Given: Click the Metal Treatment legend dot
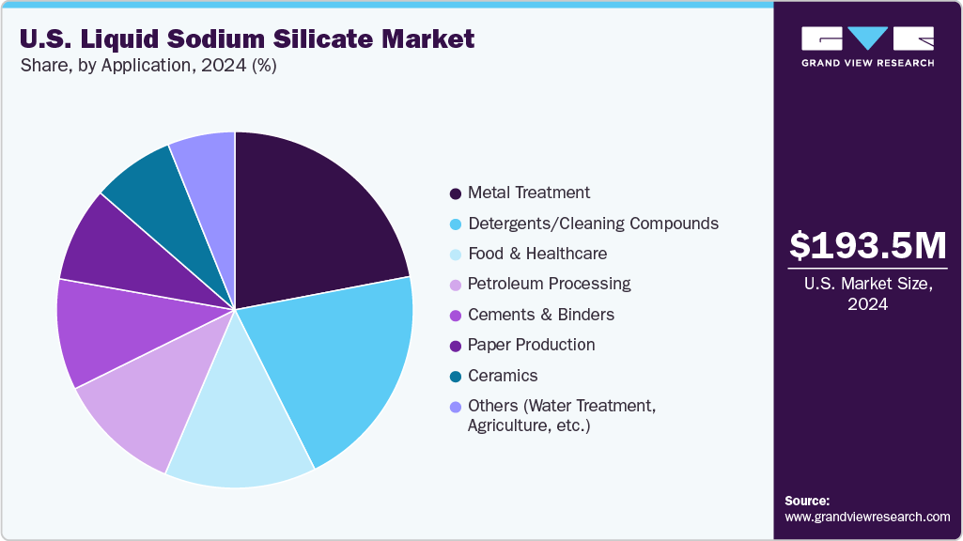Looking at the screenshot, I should (456, 193).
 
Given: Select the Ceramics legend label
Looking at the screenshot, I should (503, 376).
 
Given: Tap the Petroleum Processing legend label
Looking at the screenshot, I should (550, 284).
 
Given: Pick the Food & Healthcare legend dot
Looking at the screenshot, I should (456, 255).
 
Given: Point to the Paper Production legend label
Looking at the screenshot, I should (531, 345).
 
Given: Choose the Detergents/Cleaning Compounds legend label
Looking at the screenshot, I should (593, 224).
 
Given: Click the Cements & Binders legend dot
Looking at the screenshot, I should (456, 316).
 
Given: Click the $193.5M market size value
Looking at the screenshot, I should (867, 246).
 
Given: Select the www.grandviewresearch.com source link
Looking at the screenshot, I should (867, 517).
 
